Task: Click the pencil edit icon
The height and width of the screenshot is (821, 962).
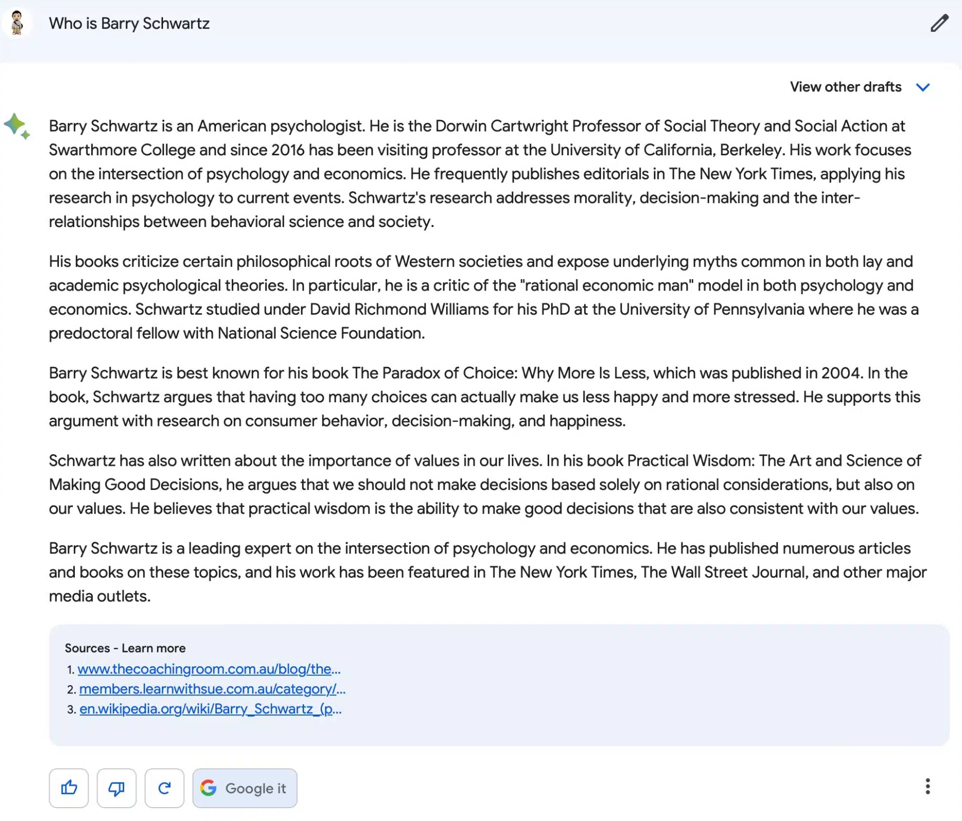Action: [x=939, y=24]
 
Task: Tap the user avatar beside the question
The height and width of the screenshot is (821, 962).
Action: [x=17, y=23]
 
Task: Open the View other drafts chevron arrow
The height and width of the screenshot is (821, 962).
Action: [x=923, y=87]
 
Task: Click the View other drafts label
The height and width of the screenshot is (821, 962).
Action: [x=845, y=87]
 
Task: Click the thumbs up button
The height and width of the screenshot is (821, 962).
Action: [x=69, y=788]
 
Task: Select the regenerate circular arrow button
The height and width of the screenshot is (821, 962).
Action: [x=164, y=788]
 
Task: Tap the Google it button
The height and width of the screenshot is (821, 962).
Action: [x=245, y=788]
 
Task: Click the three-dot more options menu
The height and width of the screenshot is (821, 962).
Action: [x=927, y=786]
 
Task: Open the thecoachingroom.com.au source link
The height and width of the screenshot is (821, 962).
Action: [x=209, y=669]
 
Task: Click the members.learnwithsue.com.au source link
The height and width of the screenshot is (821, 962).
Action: [x=212, y=689]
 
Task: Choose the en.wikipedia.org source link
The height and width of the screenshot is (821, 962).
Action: [x=210, y=709]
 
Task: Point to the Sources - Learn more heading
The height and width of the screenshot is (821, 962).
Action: [x=125, y=648]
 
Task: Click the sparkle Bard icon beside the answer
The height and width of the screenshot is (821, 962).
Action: [x=17, y=126]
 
